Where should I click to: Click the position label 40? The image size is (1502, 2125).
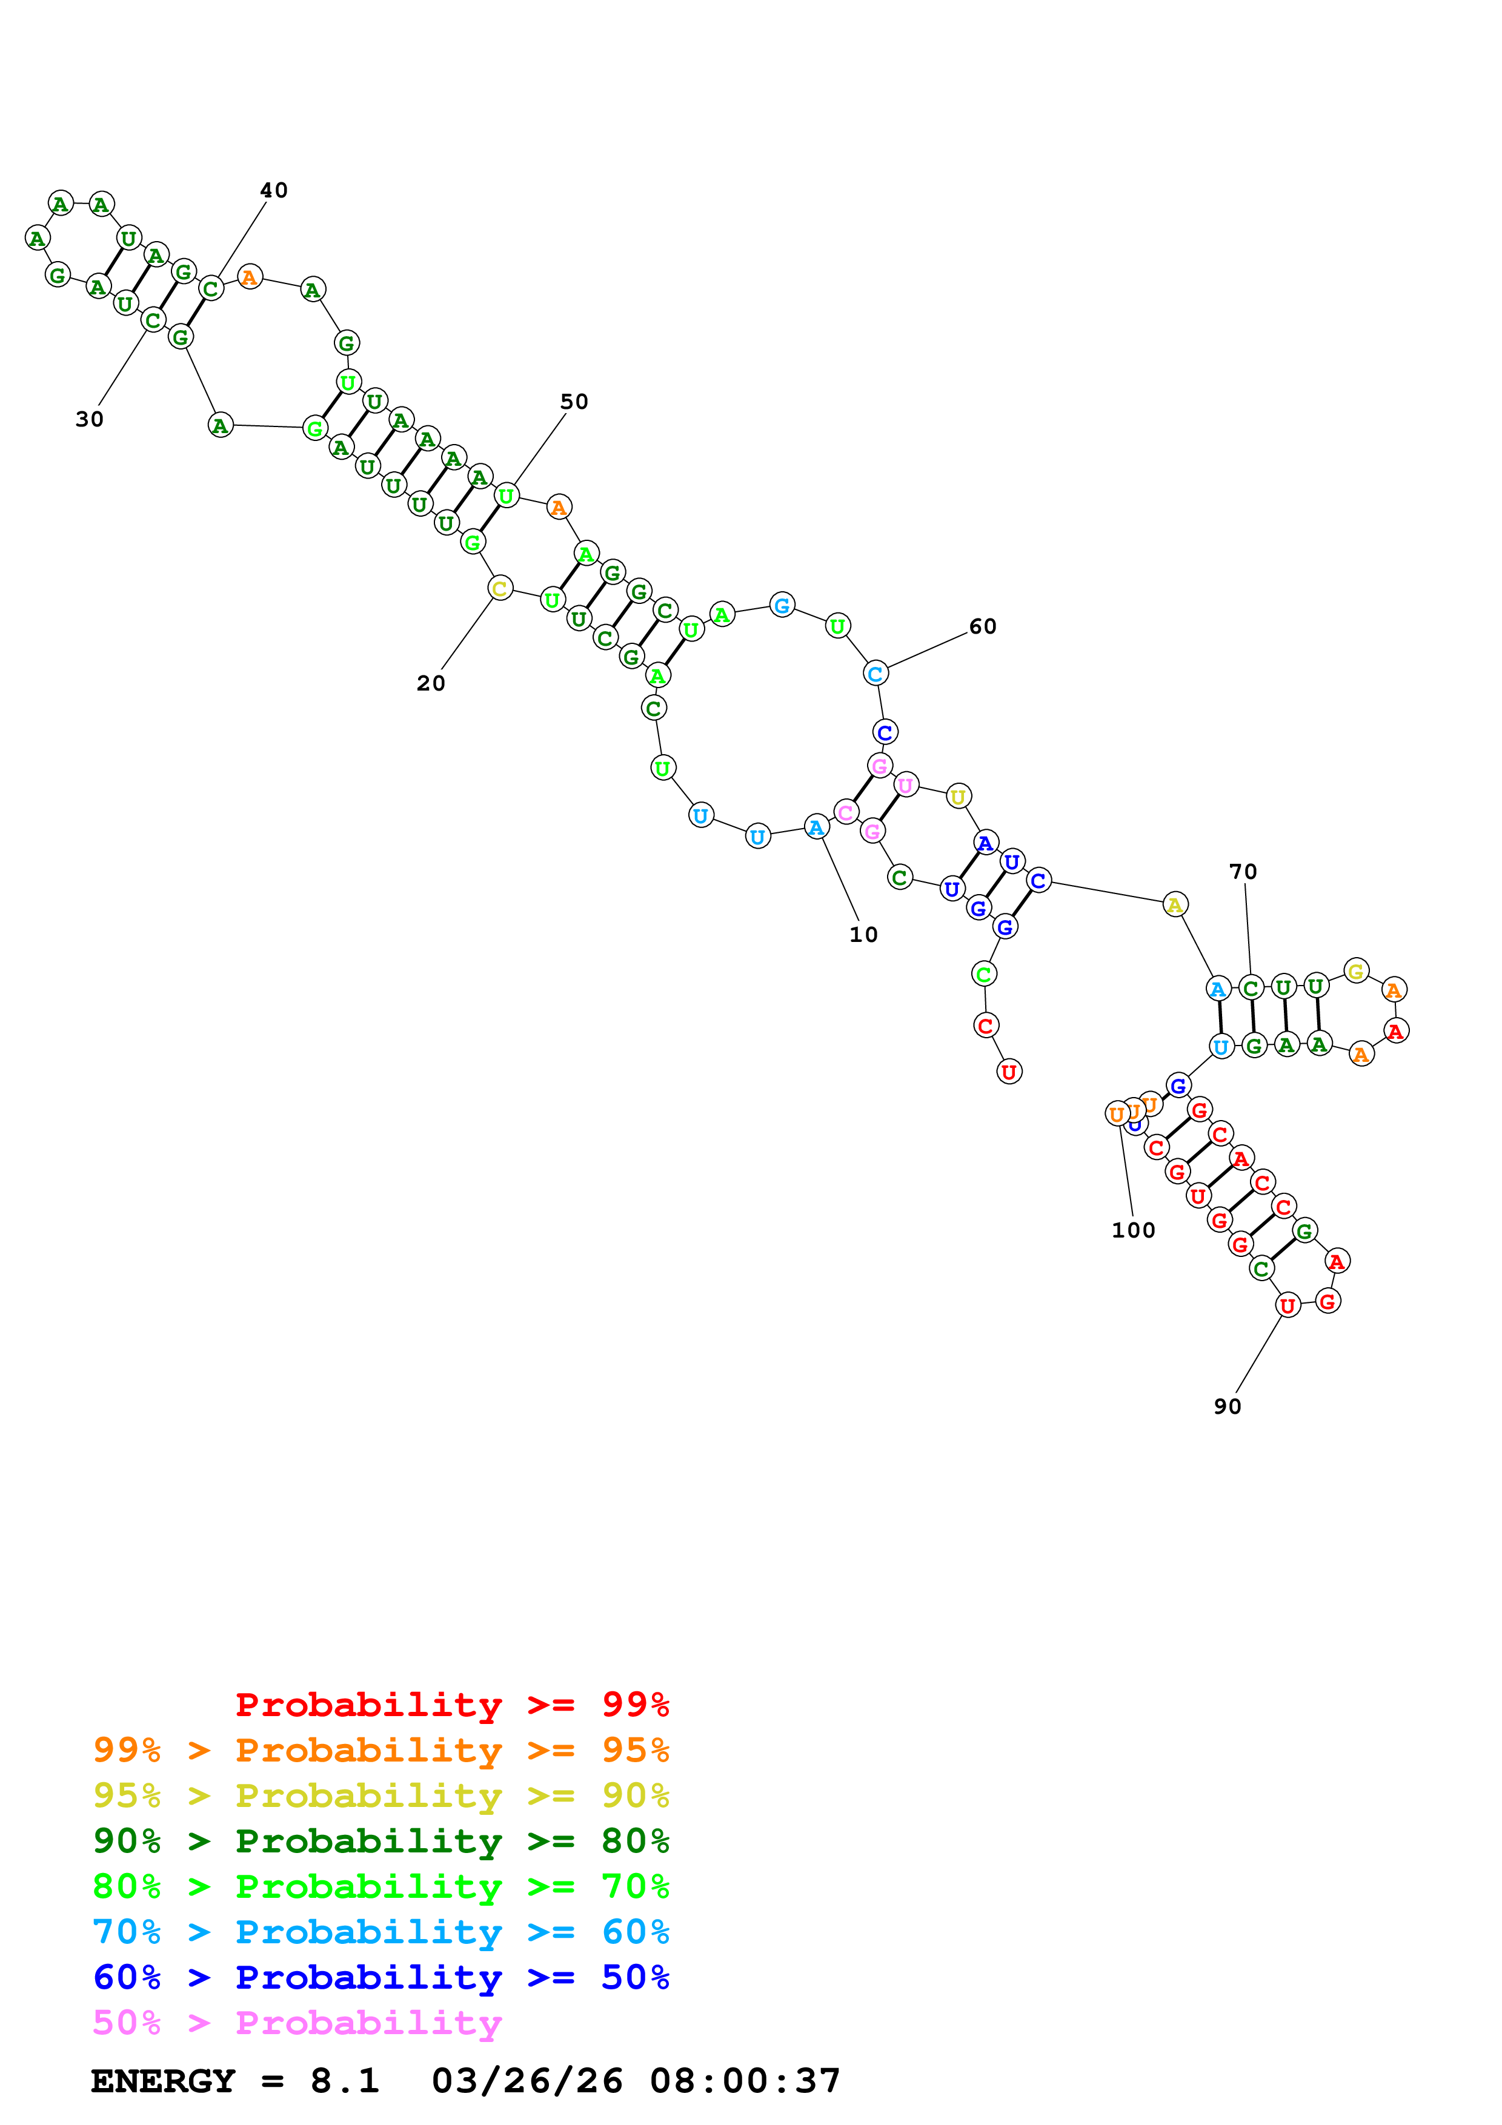(273, 191)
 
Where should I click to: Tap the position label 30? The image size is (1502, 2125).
(90, 419)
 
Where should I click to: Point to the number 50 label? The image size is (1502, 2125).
(574, 402)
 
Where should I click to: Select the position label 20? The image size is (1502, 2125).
(430, 683)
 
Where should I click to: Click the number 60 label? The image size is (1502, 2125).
(982, 626)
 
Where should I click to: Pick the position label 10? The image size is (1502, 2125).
(863, 935)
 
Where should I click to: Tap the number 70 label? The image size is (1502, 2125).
(1242, 872)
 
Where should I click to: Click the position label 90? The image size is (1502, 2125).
(1226, 1407)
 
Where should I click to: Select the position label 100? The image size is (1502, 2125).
(1133, 1231)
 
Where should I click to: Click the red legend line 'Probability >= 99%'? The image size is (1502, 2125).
(451, 1705)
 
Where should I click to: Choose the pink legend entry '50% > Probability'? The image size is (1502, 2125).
(297, 2023)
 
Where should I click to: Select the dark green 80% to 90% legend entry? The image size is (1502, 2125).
(380, 1841)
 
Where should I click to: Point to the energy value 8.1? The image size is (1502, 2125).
(344, 2081)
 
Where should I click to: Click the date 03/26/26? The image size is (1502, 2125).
(527, 2081)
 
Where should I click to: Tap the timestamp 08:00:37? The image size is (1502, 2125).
(745, 2081)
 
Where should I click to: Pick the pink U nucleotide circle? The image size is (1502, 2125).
(905, 785)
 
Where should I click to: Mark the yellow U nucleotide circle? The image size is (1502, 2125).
(958, 796)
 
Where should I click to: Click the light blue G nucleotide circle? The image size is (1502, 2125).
(782, 605)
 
